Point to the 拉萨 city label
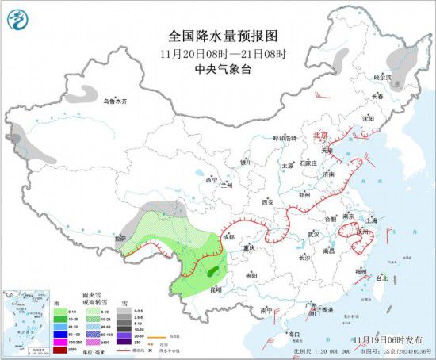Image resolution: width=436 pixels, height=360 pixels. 120,238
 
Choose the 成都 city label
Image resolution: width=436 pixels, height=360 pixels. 228,236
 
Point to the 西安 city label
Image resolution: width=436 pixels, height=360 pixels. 267,202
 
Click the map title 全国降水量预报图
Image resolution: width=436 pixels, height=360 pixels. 218,36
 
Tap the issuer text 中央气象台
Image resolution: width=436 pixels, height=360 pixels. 218,68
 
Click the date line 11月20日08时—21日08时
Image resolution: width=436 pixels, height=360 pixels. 218,53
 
